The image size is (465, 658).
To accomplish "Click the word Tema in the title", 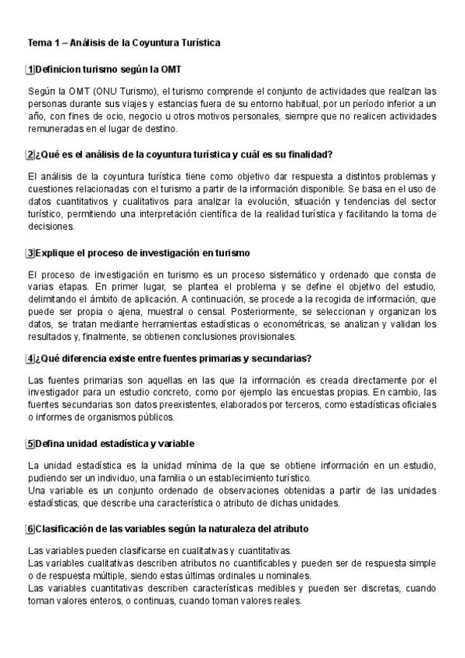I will point(38,43).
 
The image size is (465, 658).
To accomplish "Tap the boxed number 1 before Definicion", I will point(30,70).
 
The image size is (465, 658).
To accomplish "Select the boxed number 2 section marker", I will point(30,154).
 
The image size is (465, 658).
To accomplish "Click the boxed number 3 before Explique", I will point(30,253).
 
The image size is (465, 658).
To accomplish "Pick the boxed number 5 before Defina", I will point(30,443).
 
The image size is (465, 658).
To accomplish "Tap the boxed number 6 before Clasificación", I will point(30,528).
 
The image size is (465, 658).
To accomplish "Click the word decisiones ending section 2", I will point(50,227).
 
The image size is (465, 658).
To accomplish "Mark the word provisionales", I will point(260,337).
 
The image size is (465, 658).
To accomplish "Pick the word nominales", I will point(284,575).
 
